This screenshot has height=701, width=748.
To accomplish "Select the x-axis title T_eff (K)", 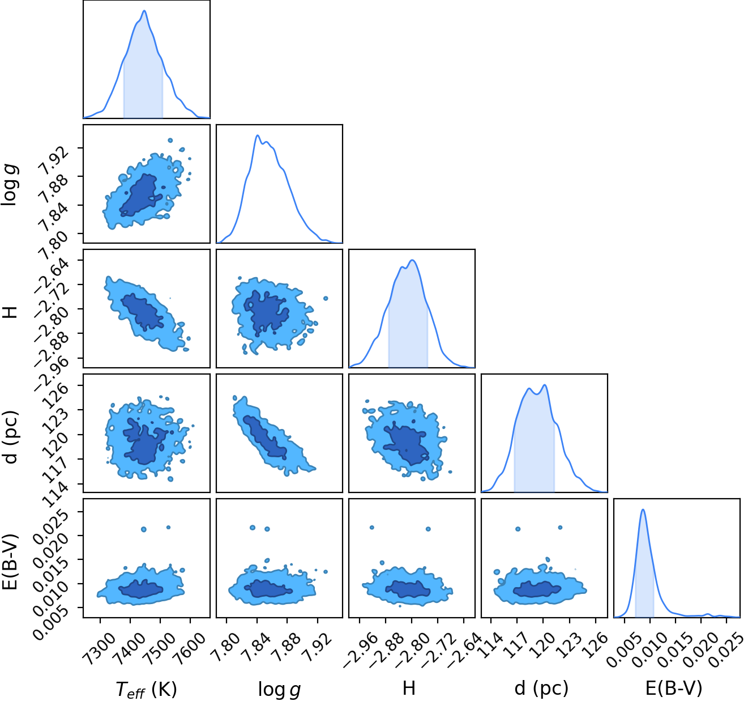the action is click(x=146, y=689).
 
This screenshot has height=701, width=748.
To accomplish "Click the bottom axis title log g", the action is click(x=279, y=689).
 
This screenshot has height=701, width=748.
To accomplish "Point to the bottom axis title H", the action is click(x=409, y=688).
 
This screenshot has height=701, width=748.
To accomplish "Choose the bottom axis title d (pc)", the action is click(x=541, y=689).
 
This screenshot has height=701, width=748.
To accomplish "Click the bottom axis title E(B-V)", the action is click(x=674, y=689).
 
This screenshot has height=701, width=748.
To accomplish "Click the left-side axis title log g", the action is click(x=10, y=185).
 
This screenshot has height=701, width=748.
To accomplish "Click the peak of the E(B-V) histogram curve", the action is click(x=643, y=509).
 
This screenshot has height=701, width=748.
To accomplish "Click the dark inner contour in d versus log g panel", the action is click(x=265, y=437).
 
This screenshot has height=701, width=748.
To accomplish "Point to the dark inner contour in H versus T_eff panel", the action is click(x=142, y=312).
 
